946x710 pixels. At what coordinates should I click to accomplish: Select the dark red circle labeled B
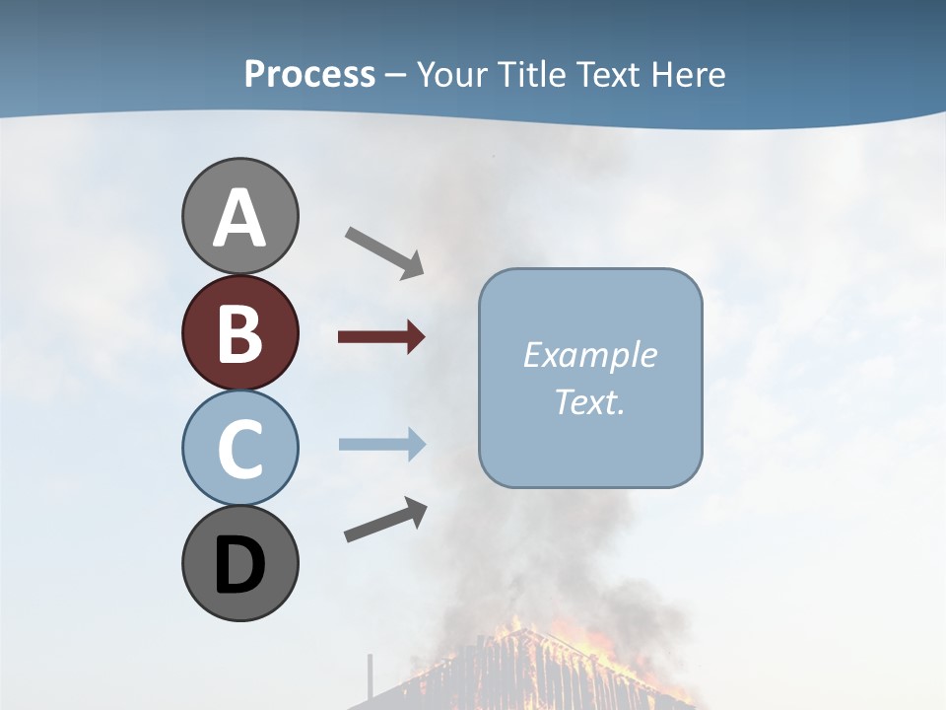(x=239, y=332)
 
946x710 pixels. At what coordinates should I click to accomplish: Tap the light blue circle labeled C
(x=239, y=448)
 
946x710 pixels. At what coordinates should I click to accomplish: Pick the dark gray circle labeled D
(x=239, y=563)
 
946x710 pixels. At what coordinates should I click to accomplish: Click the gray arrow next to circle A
(x=384, y=251)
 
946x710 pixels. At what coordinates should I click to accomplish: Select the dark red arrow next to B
(x=381, y=337)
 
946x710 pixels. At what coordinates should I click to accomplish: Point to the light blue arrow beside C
(x=381, y=445)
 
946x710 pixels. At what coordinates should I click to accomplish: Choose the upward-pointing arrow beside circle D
(x=385, y=520)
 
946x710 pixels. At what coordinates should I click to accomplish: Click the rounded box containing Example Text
(x=590, y=378)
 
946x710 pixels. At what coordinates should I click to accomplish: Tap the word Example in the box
(x=590, y=355)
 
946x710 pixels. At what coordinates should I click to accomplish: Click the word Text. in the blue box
(x=590, y=401)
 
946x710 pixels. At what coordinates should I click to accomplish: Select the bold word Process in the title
(x=309, y=74)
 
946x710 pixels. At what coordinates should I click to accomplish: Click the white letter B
(x=239, y=333)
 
